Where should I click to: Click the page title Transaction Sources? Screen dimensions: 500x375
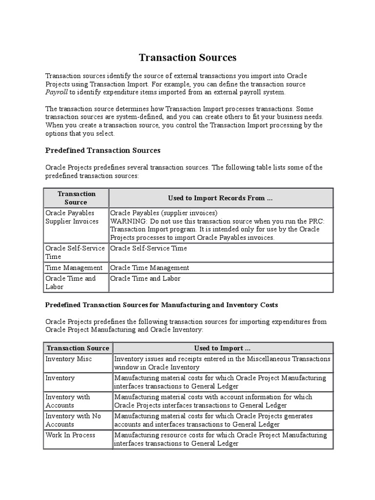click(187, 58)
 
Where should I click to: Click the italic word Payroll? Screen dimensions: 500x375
click(56, 92)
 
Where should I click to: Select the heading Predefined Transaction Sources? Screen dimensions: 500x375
click(103, 150)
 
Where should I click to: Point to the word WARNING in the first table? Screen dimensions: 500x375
click(125, 221)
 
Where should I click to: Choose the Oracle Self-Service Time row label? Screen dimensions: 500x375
click(75, 252)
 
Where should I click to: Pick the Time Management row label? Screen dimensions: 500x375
click(74, 268)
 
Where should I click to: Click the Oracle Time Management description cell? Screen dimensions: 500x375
click(150, 268)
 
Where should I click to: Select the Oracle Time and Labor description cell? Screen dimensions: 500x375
click(146, 279)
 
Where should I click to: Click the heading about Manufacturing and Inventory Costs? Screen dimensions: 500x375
click(161, 305)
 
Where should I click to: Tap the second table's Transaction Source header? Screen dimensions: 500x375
click(77, 348)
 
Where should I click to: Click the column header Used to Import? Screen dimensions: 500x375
click(222, 348)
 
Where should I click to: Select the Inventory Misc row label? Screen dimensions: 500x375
click(68, 359)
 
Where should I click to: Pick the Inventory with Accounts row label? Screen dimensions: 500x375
click(68, 401)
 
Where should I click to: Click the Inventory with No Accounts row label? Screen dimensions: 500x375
click(73, 420)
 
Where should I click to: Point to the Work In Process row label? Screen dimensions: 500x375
click(70, 435)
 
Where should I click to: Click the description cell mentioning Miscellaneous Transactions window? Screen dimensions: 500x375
click(222, 363)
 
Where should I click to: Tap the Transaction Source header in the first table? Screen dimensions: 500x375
click(76, 198)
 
